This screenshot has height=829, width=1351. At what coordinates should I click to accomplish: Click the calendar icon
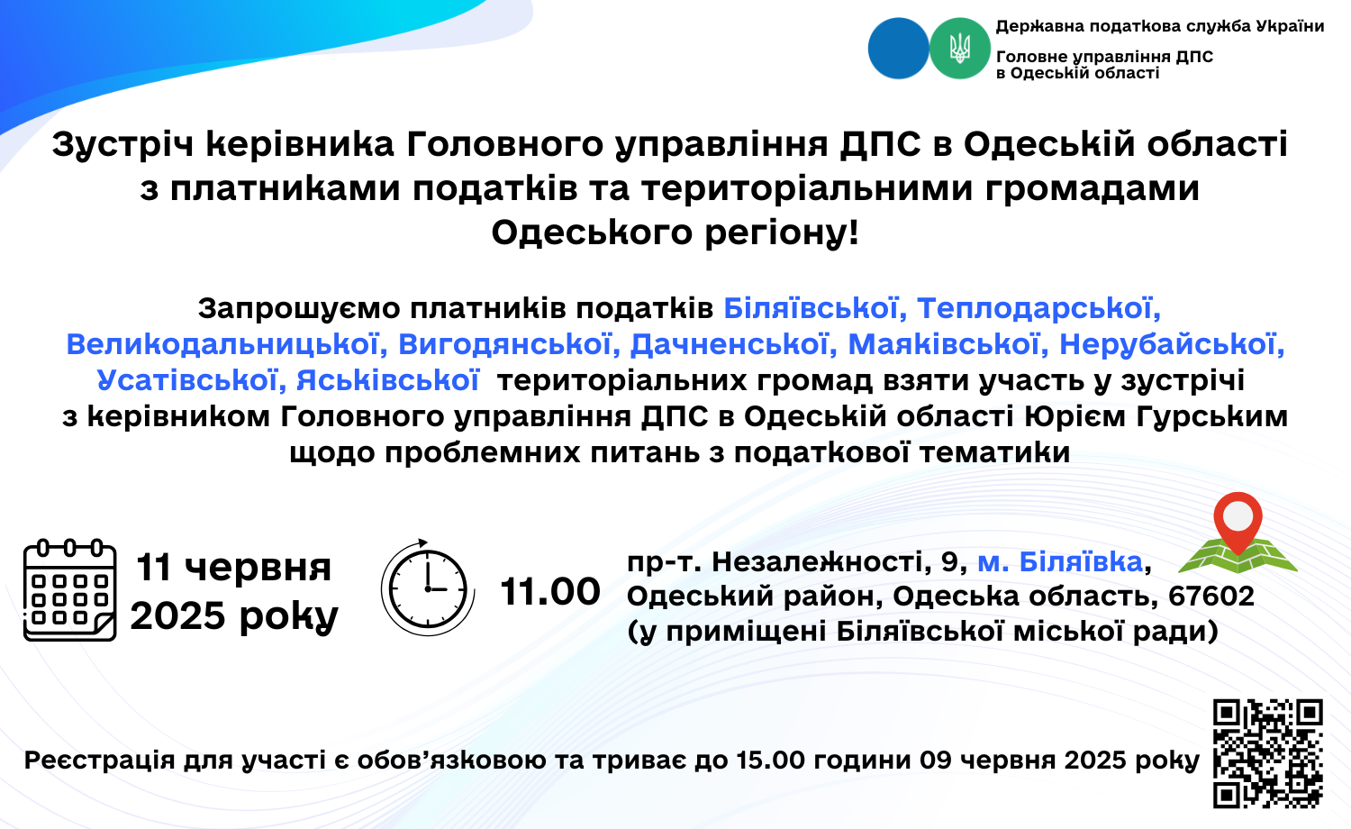[x=70, y=590]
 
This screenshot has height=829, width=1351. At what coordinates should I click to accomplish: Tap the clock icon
[x=428, y=587]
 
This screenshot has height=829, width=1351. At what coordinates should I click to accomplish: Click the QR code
[x=1268, y=753]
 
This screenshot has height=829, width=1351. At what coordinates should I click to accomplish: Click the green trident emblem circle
[x=959, y=49]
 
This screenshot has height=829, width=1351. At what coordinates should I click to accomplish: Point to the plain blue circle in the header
[x=899, y=49]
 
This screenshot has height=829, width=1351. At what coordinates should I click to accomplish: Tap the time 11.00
[x=550, y=591]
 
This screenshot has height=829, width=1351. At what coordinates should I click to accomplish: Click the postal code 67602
[x=1211, y=597]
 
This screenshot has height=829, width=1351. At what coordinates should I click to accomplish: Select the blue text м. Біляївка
[x=1060, y=561]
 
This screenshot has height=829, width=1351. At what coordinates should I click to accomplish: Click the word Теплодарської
[x=1038, y=308]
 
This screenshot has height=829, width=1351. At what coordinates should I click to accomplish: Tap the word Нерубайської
[x=1172, y=344]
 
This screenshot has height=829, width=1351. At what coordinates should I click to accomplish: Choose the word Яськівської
[x=388, y=381]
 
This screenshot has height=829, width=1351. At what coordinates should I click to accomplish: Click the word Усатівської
[x=191, y=381]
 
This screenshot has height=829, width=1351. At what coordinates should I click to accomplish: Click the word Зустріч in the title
[x=123, y=145]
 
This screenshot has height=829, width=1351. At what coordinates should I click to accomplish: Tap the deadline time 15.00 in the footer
[x=771, y=760]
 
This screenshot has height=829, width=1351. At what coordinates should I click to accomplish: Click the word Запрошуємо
[x=298, y=308]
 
